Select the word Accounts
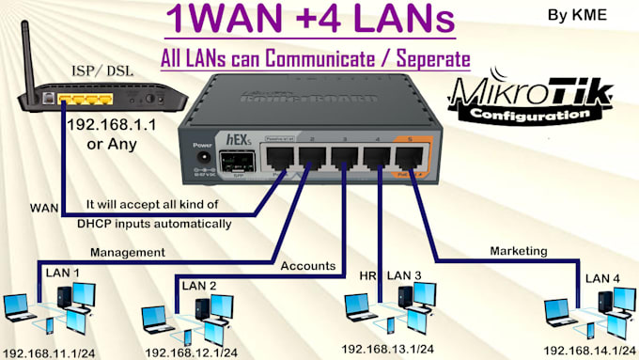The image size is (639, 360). (x=307, y=266)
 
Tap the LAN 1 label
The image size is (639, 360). (x=64, y=273)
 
